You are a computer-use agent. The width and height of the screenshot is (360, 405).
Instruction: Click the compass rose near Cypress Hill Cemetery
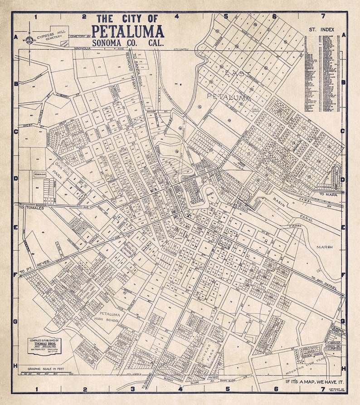30,40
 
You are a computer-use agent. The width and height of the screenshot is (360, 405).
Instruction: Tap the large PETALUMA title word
127,31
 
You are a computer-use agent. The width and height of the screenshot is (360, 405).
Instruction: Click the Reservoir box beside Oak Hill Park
40,174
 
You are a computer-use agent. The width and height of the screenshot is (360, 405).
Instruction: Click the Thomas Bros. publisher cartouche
44,346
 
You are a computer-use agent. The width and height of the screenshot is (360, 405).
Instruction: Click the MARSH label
325,247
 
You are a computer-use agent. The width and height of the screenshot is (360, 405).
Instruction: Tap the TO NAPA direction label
328,194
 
